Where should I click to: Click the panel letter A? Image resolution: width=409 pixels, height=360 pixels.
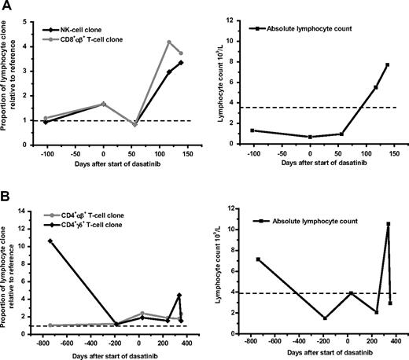click(x=6, y=7)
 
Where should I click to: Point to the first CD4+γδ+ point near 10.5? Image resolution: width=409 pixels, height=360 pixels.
click(x=51, y=241)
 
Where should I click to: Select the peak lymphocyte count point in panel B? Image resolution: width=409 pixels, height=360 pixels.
click(x=388, y=224)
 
